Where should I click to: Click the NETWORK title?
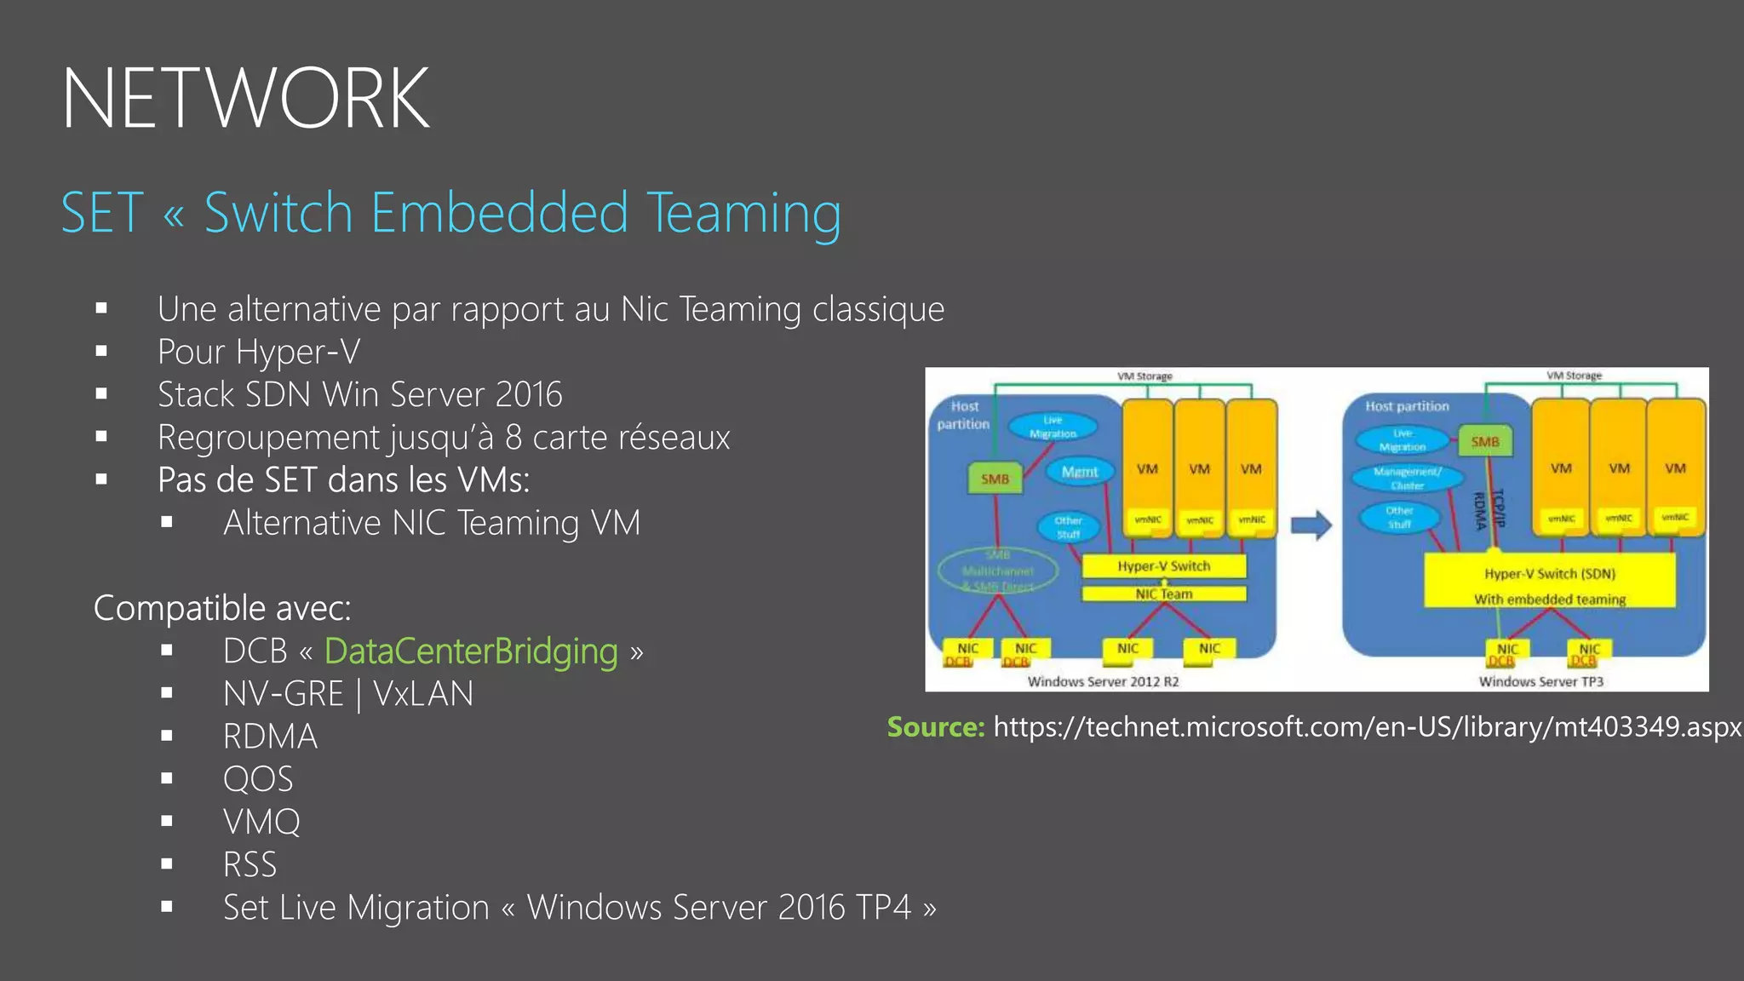(x=245, y=99)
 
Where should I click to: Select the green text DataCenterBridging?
(x=471, y=651)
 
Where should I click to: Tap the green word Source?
(x=935, y=727)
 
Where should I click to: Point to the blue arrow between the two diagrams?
(x=1311, y=525)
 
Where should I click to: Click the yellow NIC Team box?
(x=1163, y=594)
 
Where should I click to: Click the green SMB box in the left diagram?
(x=995, y=479)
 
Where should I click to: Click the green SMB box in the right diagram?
(x=1484, y=441)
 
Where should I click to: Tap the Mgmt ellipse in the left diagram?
(x=1079, y=472)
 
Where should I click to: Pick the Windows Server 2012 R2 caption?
(x=1103, y=681)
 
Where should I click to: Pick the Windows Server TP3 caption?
(x=1540, y=681)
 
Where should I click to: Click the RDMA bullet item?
(x=270, y=737)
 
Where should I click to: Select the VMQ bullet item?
(x=261, y=822)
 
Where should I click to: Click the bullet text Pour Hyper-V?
(x=259, y=352)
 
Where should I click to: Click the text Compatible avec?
(x=221, y=608)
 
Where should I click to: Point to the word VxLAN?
(x=423, y=694)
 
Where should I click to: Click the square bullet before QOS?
(x=167, y=778)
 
